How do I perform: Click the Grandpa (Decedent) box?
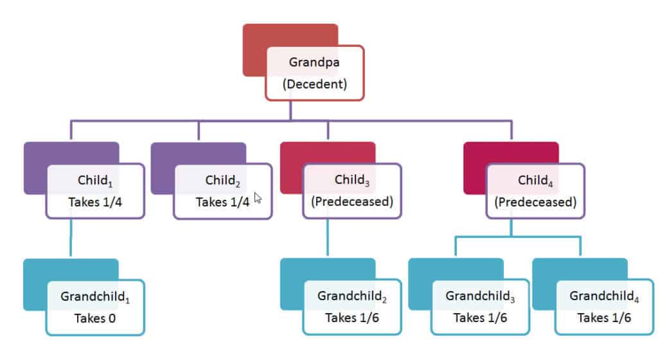(315, 73)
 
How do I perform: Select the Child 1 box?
(95, 191)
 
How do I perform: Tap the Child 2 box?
(223, 191)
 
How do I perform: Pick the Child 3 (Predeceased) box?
(352, 190)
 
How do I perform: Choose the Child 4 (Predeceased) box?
(535, 191)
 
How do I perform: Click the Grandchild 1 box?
(95, 307)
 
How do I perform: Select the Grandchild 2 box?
(352, 307)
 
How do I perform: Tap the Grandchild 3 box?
(480, 307)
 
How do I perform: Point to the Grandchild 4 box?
(604, 307)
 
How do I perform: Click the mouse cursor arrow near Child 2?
(257, 197)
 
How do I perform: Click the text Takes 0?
(95, 318)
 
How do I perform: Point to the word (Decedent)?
(315, 84)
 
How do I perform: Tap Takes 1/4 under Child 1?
(95, 203)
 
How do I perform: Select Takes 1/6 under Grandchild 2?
(352, 318)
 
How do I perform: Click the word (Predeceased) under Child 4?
(535, 202)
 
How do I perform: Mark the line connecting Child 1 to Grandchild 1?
(71, 237)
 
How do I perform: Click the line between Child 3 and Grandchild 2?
(328, 237)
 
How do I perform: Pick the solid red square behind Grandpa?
(290, 50)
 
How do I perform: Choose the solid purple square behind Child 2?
(199, 168)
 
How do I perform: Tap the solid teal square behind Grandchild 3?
(456, 284)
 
